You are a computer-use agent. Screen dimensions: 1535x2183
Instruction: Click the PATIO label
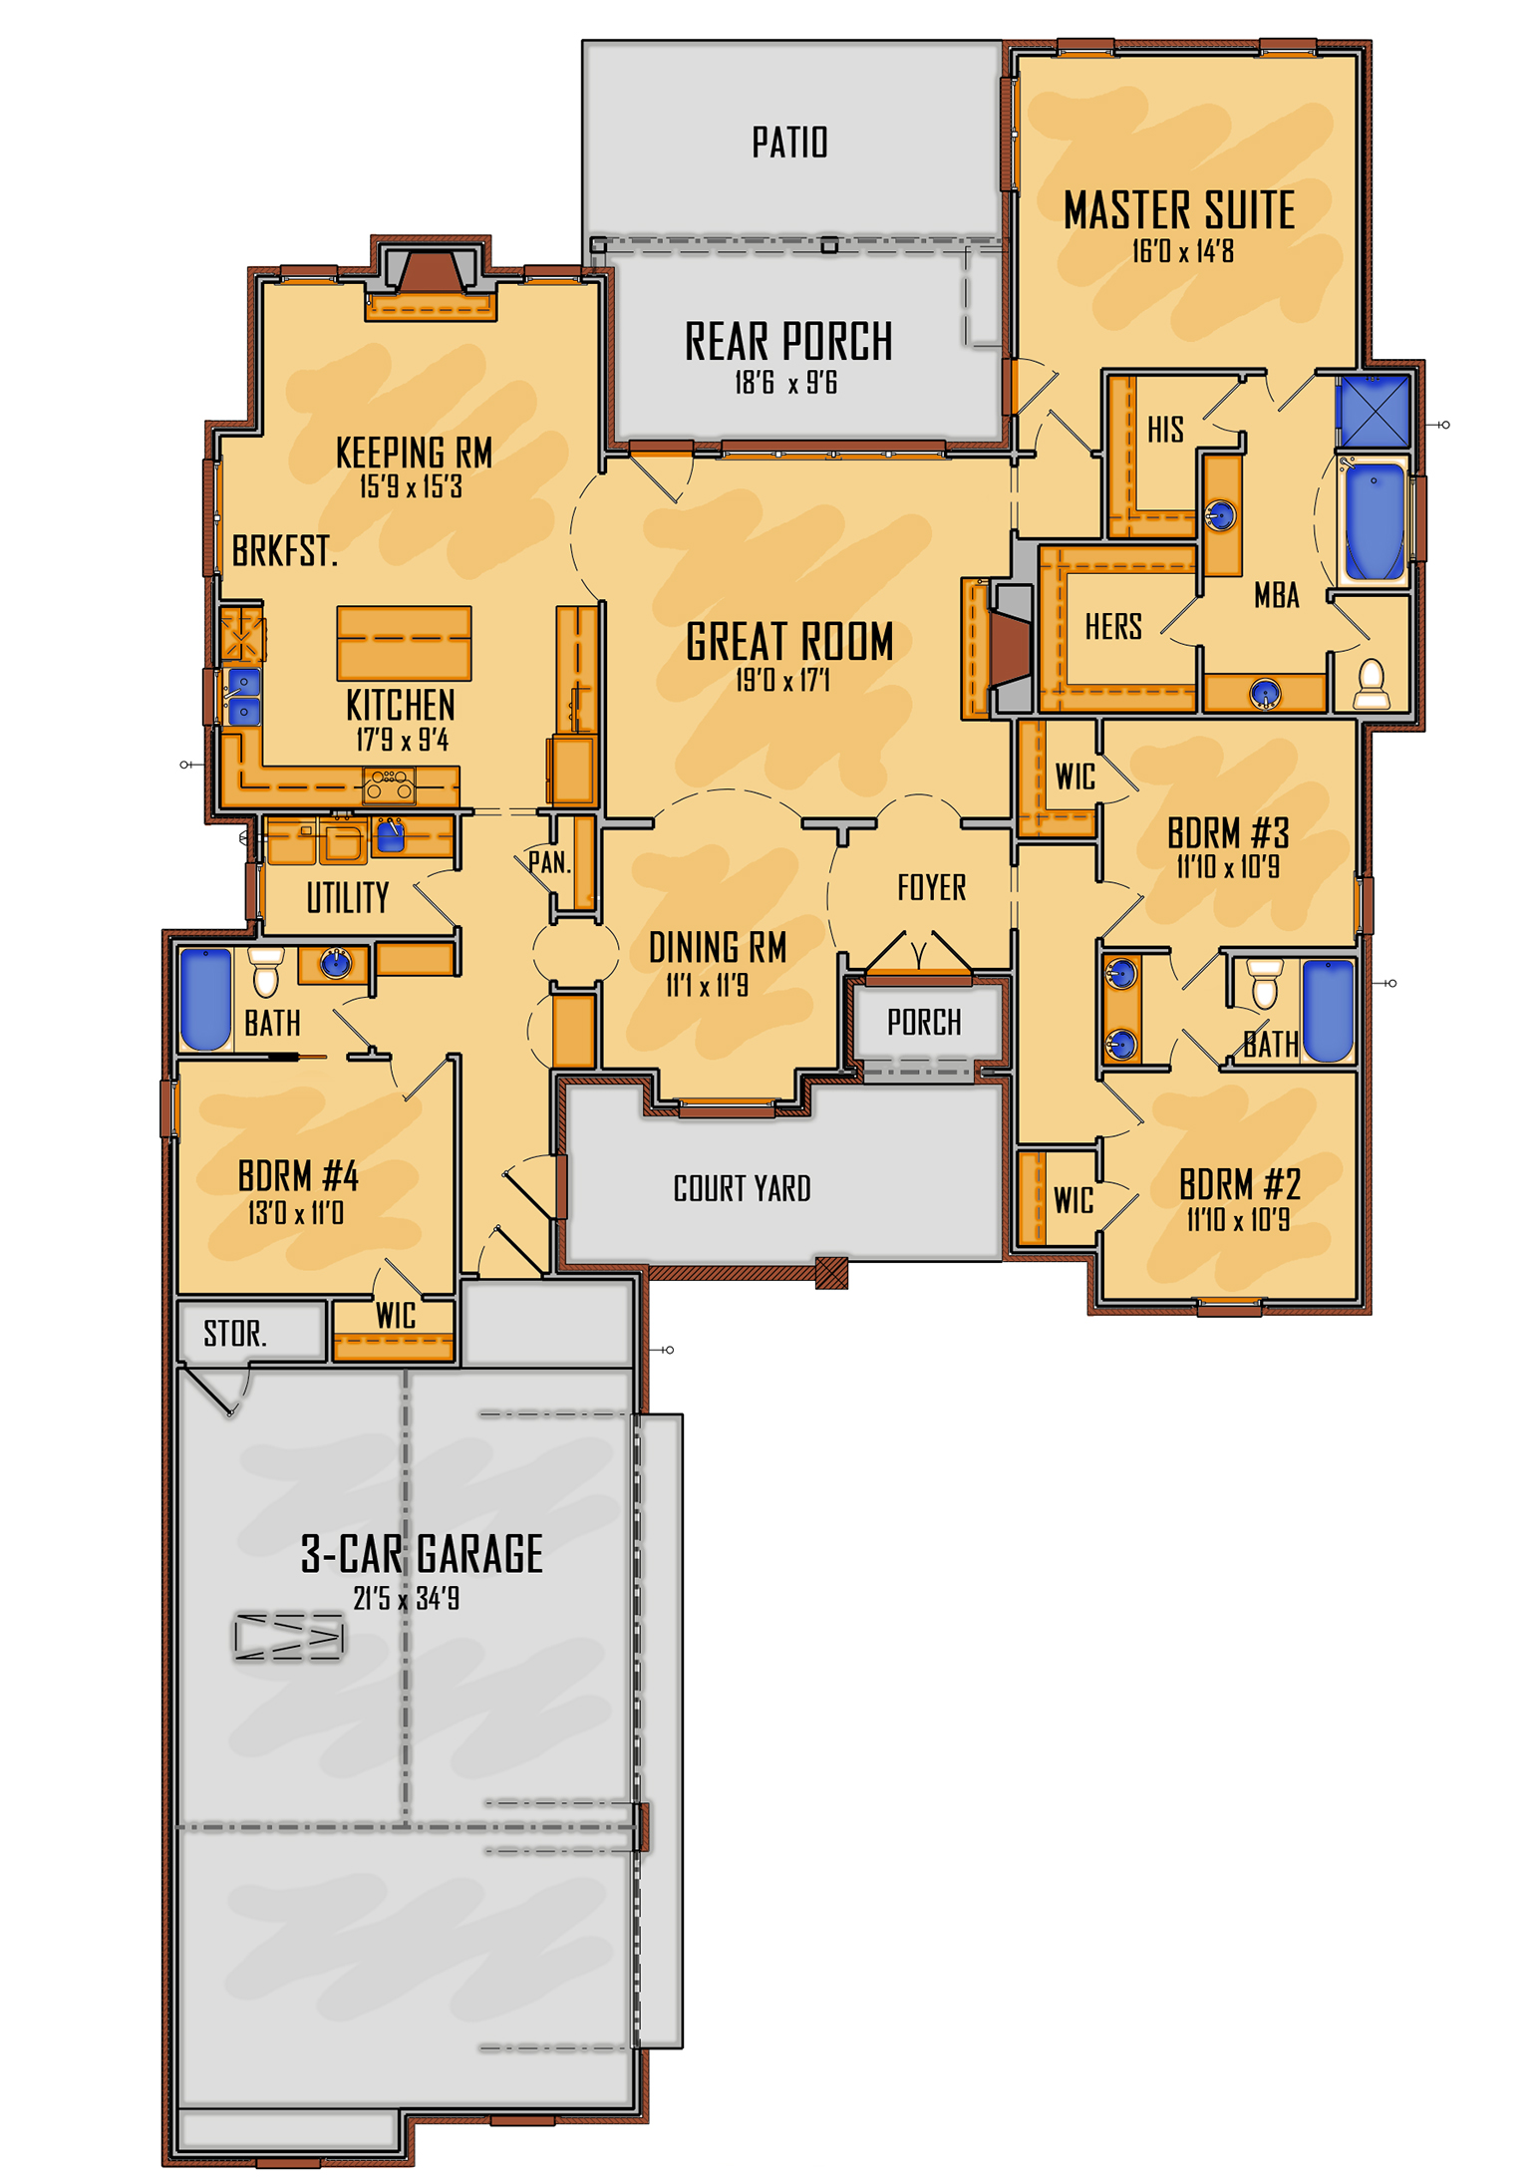(789, 143)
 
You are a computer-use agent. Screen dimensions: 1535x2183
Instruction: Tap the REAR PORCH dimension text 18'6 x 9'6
(785, 383)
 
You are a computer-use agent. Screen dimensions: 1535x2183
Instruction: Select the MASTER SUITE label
(1179, 210)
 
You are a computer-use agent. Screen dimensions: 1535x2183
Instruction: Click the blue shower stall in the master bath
(1374, 411)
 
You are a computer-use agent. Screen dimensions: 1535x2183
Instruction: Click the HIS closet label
(1165, 430)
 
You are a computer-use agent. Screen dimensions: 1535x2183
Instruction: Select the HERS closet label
(1113, 627)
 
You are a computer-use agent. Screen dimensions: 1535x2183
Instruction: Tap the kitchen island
(404, 643)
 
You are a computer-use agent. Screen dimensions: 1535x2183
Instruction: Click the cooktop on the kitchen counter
(389, 786)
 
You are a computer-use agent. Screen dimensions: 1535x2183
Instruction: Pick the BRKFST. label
(285, 551)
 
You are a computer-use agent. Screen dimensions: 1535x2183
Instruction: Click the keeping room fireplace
(430, 283)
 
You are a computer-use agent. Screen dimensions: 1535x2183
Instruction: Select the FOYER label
(931, 887)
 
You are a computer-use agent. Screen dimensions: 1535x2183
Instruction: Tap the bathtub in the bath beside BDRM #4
(205, 1000)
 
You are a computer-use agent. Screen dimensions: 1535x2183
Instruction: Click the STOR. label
(235, 1334)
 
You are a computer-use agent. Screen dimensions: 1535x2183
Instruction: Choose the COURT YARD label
(742, 1188)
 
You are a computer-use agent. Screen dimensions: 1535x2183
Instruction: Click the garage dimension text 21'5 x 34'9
(407, 1599)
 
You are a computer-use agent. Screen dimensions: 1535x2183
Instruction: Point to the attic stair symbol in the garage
(289, 1637)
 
